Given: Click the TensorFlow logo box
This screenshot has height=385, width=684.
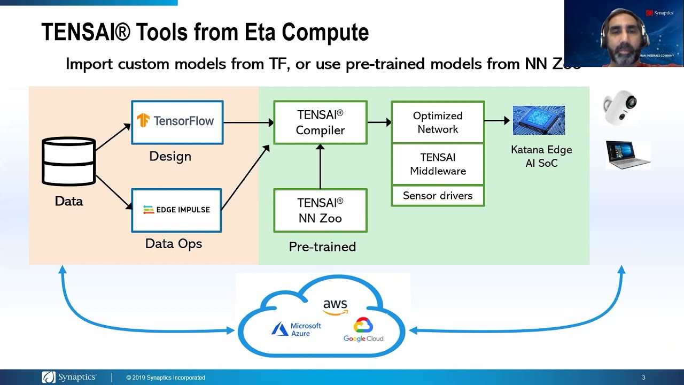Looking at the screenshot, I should tap(177, 122).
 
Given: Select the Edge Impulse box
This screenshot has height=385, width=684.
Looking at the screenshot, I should tap(176, 210).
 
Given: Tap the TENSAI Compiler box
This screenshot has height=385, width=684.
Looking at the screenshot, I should tap(320, 122).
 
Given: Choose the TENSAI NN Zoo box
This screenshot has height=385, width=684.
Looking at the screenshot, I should tap(320, 210).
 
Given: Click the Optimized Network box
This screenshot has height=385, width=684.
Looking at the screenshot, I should tap(438, 122).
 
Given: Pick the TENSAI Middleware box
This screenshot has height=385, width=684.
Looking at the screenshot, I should tap(438, 164).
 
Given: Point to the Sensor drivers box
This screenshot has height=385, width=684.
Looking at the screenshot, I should tap(438, 196).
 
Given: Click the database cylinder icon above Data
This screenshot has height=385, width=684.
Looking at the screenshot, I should tap(68, 161).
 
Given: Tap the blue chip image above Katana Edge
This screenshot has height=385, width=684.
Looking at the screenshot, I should tap(539, 120).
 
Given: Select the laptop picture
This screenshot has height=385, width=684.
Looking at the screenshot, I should tap(628, 154).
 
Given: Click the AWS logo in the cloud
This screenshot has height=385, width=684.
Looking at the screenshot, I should tap(335, 306).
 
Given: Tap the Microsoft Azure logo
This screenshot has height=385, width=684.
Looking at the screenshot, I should tap(297, 329).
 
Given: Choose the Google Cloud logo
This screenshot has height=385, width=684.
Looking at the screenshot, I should tap(363, 330).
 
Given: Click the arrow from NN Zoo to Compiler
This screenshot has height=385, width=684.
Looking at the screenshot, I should tap(320, 166).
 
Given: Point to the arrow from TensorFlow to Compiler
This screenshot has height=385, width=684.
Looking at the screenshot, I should tap(248, 122).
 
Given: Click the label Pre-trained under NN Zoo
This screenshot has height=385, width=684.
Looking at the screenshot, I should tap(322, 247).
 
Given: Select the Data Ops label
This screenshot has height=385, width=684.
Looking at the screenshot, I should tap(174, 244).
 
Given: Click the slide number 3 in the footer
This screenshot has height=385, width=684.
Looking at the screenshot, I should tap(643, 378).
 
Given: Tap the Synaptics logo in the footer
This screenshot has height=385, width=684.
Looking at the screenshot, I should tap(69, 378).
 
